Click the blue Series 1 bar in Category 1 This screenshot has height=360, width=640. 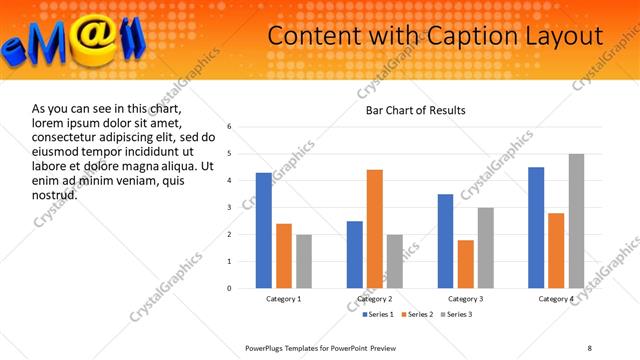tap(263, 231)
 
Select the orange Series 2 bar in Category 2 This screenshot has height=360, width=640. tap(375, 229)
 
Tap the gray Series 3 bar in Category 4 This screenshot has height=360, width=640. tap(576, 221)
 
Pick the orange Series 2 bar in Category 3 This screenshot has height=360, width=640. tap(465, 264)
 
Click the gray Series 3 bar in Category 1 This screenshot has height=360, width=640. tap(303, 261)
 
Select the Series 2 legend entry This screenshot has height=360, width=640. tap(413, 314)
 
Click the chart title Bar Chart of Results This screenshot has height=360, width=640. tap(416, 110)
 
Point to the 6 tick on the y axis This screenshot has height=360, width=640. tap(229, 127)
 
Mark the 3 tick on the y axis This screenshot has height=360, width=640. tap(229, 208)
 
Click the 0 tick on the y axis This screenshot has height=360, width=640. tap(229, 288)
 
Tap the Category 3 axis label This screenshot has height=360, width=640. tap(465, 299)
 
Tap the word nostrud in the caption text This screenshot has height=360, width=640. tap(54, 194)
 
